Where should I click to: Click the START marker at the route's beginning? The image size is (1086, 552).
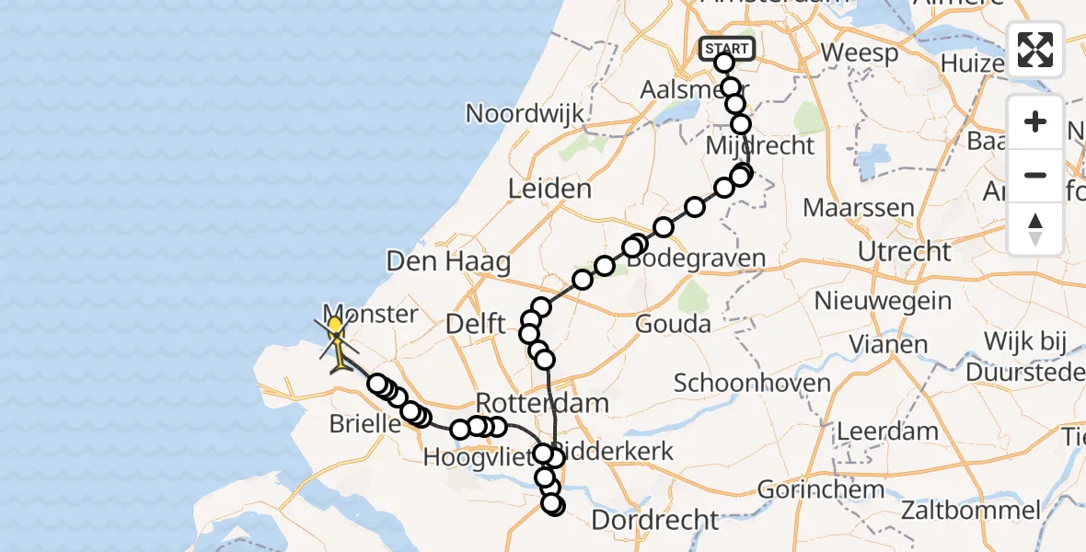pyautogui.click(x=727, y=48)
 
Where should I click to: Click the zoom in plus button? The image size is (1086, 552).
pyautogui.click(x=1035, y=122)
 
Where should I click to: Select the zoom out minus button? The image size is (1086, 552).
pyautogui.click(x=1035, y=176)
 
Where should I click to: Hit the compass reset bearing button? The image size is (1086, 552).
pyautogui.click(x=1035, y=229)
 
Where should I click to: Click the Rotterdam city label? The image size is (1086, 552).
pyautogui.click(x=543, y=403)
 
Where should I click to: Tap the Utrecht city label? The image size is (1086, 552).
pyautogui.click(x=904, y=251)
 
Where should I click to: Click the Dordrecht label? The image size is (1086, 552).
pyautogui.click(x=654, y=520)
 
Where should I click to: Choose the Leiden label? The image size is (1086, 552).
pyautogui.click(x=550, y=190)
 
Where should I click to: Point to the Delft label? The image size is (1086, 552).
pyautogui.click(x=475, y=324)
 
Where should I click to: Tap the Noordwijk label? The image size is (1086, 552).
pyautogui.click(x=525, y=114)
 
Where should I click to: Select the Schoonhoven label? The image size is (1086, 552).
pyautogui.click(x=752, y=383)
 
